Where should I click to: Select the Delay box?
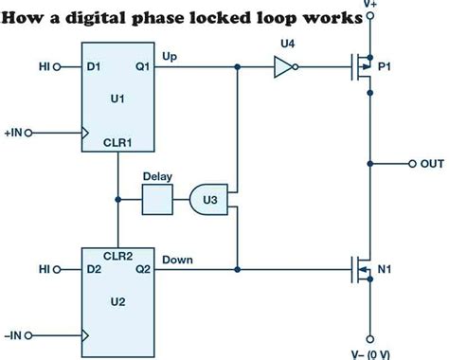coord(156,200)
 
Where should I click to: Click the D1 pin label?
coord(93,67)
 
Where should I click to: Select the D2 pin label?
coord(93,270)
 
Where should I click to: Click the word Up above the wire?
coord(171,56)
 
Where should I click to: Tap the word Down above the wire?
coord(178,259)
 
